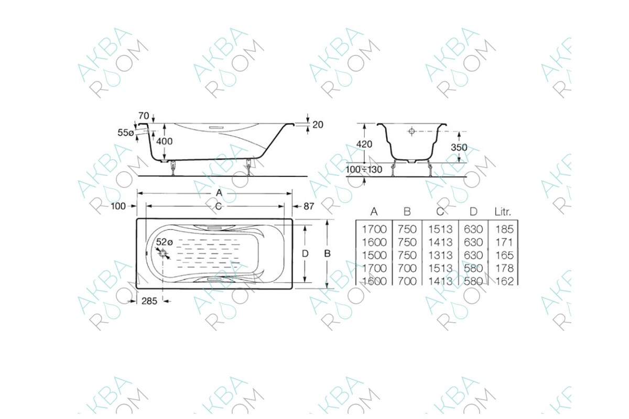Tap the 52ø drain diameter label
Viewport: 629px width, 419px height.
coord(165,242)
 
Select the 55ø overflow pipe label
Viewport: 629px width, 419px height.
coord(125,133)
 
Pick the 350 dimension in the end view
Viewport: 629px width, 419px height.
coord(459,148)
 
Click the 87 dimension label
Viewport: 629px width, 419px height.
coord(309,206)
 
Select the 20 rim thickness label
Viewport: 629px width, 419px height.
coord(318,125)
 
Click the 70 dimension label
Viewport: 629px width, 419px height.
coord(144,115)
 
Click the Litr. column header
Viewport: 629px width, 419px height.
coord(503,212)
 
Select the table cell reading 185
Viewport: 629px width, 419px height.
coord(503,229)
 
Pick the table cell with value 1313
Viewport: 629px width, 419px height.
coord(440,255)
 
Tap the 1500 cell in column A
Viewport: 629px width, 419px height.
coord(374,255)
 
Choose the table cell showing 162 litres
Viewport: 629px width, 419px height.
coord(503,281)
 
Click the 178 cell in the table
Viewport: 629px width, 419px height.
coord(503,268)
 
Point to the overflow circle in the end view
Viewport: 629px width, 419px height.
coord(412,131)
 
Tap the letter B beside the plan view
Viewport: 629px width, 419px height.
coord(327,253)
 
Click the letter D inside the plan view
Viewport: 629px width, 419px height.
coord(305,253)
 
